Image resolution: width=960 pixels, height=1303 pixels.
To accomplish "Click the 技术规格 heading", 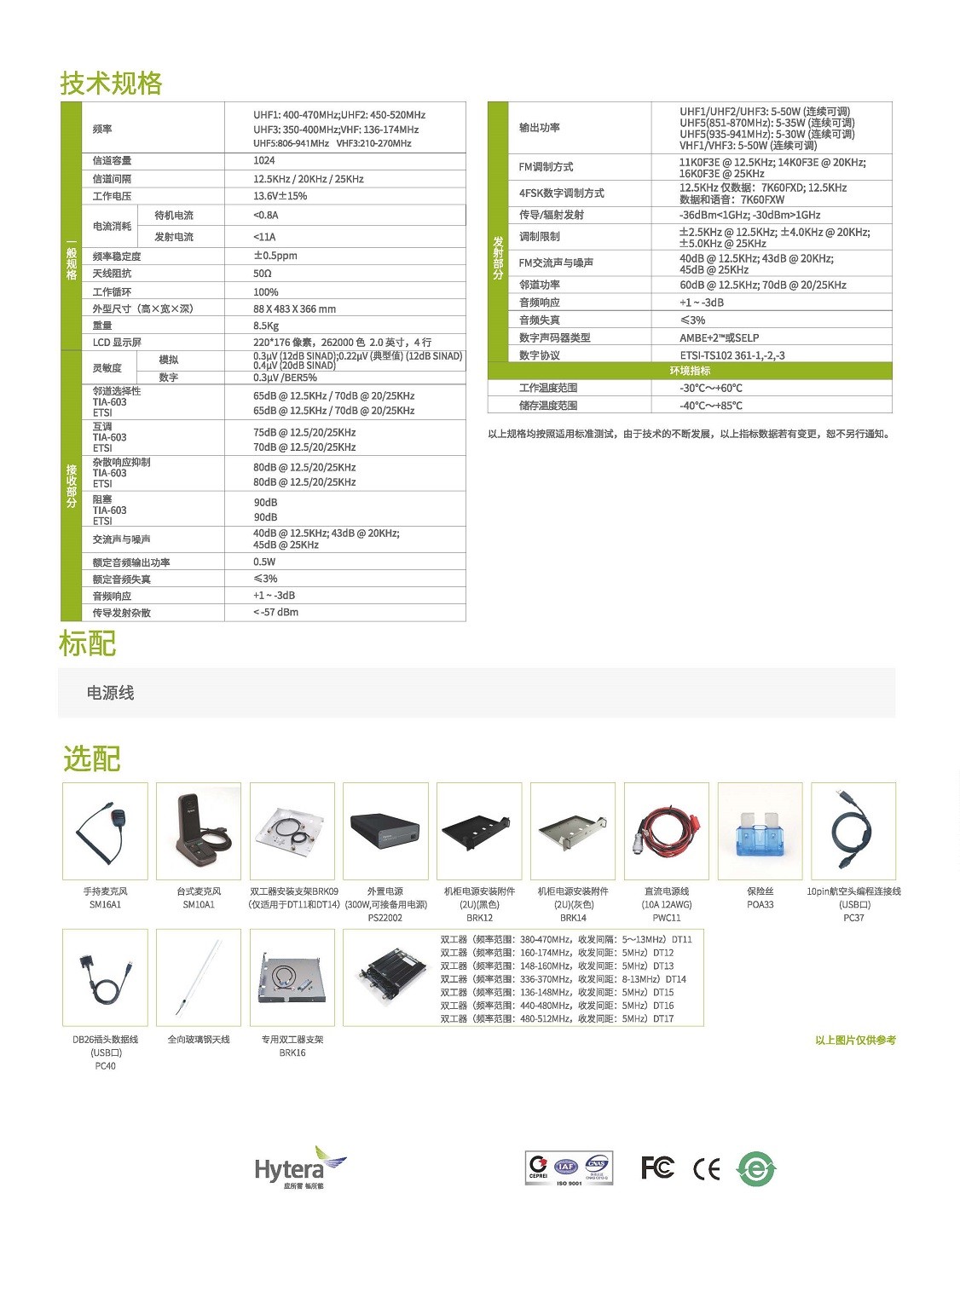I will click(x=111, y=83).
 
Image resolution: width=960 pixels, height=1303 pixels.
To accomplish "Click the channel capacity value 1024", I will click(x=264, y=160).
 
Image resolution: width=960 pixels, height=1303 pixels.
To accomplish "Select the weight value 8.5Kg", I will click(x=266, y=326).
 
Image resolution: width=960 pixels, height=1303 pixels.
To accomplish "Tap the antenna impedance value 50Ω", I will click(x=263, y=274).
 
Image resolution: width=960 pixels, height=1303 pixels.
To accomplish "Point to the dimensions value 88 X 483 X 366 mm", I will click(x=294, y=308).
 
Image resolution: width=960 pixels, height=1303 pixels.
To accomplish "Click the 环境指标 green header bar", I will click(x=690, y=371).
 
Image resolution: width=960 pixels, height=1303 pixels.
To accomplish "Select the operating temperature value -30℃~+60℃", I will click(x=711, y=388).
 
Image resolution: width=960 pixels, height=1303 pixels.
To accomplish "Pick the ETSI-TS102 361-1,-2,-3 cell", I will click(x=732, y=355).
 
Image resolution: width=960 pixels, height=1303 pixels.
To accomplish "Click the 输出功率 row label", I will click(x=540, y=127).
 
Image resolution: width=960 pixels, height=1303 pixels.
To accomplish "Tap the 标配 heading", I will click(x=87, y=643).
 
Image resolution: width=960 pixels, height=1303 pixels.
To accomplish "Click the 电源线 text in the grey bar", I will click(x=111, y=693).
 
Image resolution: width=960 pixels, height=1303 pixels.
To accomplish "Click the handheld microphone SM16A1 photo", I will click(x=105, y=831).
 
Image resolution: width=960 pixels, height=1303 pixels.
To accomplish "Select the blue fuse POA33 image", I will click(x=760, y=831).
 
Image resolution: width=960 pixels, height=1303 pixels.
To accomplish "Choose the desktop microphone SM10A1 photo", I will click(x=199, y=831).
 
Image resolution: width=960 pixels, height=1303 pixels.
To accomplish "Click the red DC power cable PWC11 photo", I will click(x=667, y=831).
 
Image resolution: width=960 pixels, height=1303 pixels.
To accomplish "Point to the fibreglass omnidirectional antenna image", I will click(x=199, y=977).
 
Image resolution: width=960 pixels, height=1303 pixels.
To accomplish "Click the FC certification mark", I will click(x=657, y=1168).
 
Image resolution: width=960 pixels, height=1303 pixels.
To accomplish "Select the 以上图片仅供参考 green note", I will click(x=855, y=1040).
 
